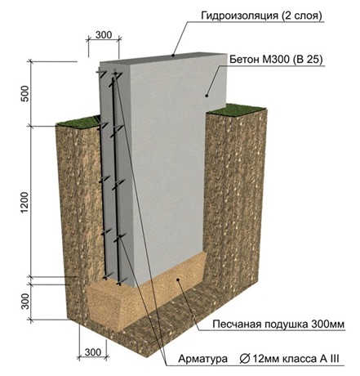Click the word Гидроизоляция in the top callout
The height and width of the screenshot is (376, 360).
click(x=239, y=16)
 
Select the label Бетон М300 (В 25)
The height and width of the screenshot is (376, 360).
click(x=276, y=59)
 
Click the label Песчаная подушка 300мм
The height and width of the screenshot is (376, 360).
click(x=278, y=325)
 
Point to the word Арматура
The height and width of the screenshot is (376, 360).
click(x=203, y=359)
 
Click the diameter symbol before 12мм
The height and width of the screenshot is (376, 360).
click(x=245, y=359)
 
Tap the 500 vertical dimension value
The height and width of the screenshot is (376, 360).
click(x=24, y=93)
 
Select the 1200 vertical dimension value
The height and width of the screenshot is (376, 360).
click(x=24, y=203)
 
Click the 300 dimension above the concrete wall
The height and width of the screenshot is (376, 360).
click(x=104, y=35)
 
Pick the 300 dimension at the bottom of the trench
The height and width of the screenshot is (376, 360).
click(x=93, y=352)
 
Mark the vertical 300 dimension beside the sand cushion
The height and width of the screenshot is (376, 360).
click(x=25, y=301)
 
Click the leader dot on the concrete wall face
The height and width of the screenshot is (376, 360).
click(x=207, y=96)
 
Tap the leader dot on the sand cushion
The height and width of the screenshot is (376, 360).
click(x=178, y=280)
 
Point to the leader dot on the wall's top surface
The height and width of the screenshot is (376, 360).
click(x=173, y=56)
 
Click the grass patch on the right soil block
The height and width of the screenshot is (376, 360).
click(x=235, y=110)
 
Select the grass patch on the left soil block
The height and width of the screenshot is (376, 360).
click(x=78, y=122)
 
